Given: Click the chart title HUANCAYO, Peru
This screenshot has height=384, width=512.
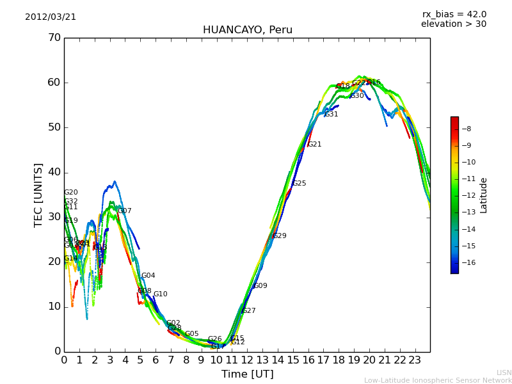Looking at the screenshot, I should (247, 30).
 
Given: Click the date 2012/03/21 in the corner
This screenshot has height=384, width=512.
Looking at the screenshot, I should (51, 17).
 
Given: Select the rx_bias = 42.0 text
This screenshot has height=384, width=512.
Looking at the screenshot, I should (454, 15).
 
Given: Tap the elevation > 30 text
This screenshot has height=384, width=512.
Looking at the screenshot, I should (453, 24).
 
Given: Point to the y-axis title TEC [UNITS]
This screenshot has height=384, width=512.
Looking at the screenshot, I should (38, 195).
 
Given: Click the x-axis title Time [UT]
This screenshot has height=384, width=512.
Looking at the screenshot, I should (247, 374).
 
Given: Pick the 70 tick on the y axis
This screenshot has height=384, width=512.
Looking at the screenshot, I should (54, 38).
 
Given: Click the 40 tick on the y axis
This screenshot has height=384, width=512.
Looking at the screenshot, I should (54, 172).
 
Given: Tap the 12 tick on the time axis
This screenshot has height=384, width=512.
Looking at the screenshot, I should (247, 360).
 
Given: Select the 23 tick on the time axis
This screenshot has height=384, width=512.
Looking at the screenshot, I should (415, 360).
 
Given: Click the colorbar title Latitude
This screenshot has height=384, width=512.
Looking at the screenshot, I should (484, 195).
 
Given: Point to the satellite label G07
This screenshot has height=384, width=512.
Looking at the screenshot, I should (125, 211).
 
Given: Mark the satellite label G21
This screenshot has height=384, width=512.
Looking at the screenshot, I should (315, 145).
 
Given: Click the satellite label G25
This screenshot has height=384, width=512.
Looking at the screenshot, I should (300, 184).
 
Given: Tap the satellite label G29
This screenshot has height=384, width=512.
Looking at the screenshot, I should (280, 236).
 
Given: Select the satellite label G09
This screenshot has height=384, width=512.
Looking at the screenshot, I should (260, 286).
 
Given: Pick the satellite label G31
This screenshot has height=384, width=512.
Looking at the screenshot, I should (332, 115).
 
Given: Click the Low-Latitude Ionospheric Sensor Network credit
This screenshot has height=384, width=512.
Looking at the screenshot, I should (438, 381).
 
